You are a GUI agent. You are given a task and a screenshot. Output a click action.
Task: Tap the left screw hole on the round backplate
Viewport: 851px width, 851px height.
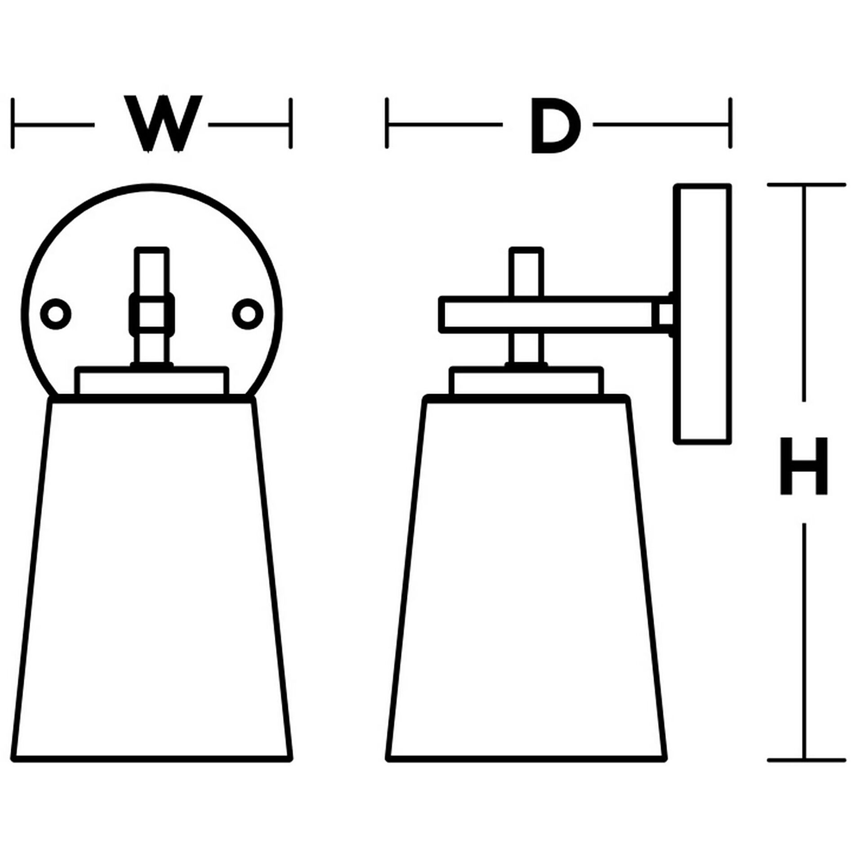pyautogui.click(x=56, y=314)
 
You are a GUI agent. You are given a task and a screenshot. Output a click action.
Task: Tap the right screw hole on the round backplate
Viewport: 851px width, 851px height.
pyautogui.click(x=248, y=314)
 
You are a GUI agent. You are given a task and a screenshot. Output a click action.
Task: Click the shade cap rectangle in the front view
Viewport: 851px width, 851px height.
pyautogui.click(x=152, y=381)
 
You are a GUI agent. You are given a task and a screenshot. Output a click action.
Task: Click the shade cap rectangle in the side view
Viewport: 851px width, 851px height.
pyautogui.click(x=526, y=381)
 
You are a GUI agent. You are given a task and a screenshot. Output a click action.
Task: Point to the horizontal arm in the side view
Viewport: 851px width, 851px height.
pyautogui.click(x=548, y=315)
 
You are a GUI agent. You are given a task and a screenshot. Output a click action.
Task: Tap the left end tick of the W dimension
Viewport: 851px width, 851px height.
pyautogui.click(x=13, y=124)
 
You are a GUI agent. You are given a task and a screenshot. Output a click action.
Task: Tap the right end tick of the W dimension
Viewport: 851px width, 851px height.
pyautogui.click(x=291, y=124)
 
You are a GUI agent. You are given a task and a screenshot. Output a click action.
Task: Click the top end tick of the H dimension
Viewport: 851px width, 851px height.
pyautogui.click(x=806, y=185)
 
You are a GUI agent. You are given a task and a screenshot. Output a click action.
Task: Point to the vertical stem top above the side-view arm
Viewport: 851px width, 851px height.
pyautogui.click(x=526, y=272)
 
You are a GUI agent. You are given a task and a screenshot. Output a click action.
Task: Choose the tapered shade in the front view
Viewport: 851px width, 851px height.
pyautogui.click(x=152, y=580)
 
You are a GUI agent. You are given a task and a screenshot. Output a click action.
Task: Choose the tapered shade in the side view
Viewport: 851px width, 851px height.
pyautogui.click(x=526, y=580)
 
